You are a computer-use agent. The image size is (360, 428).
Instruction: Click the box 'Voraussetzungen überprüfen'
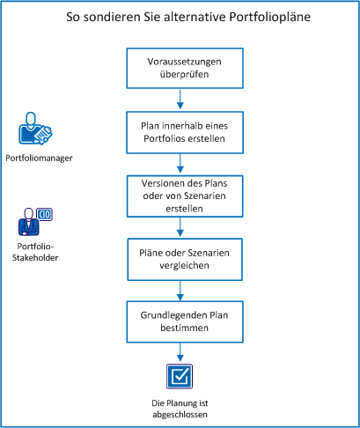click(180, 68)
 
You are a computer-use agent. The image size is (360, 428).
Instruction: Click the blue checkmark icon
click(180, 377)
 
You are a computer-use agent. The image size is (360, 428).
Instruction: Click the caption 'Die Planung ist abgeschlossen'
click(180, 407)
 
